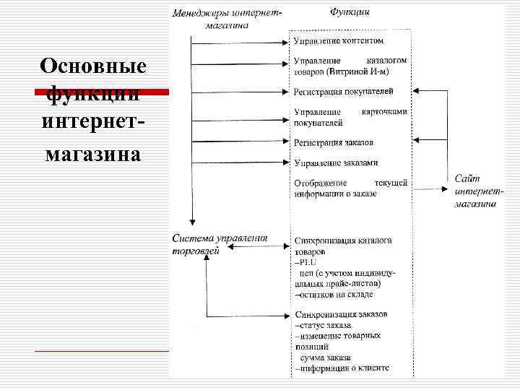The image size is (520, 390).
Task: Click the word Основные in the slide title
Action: tap(93, 66)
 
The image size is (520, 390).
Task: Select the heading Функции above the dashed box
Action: tap(351, 12)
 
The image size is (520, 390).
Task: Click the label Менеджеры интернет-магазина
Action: tap(227, 19)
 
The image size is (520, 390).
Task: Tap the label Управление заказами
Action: tap(336, 162)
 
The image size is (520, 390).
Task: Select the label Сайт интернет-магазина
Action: tap(477, 191)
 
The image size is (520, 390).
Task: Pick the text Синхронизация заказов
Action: tap(341, 315)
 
